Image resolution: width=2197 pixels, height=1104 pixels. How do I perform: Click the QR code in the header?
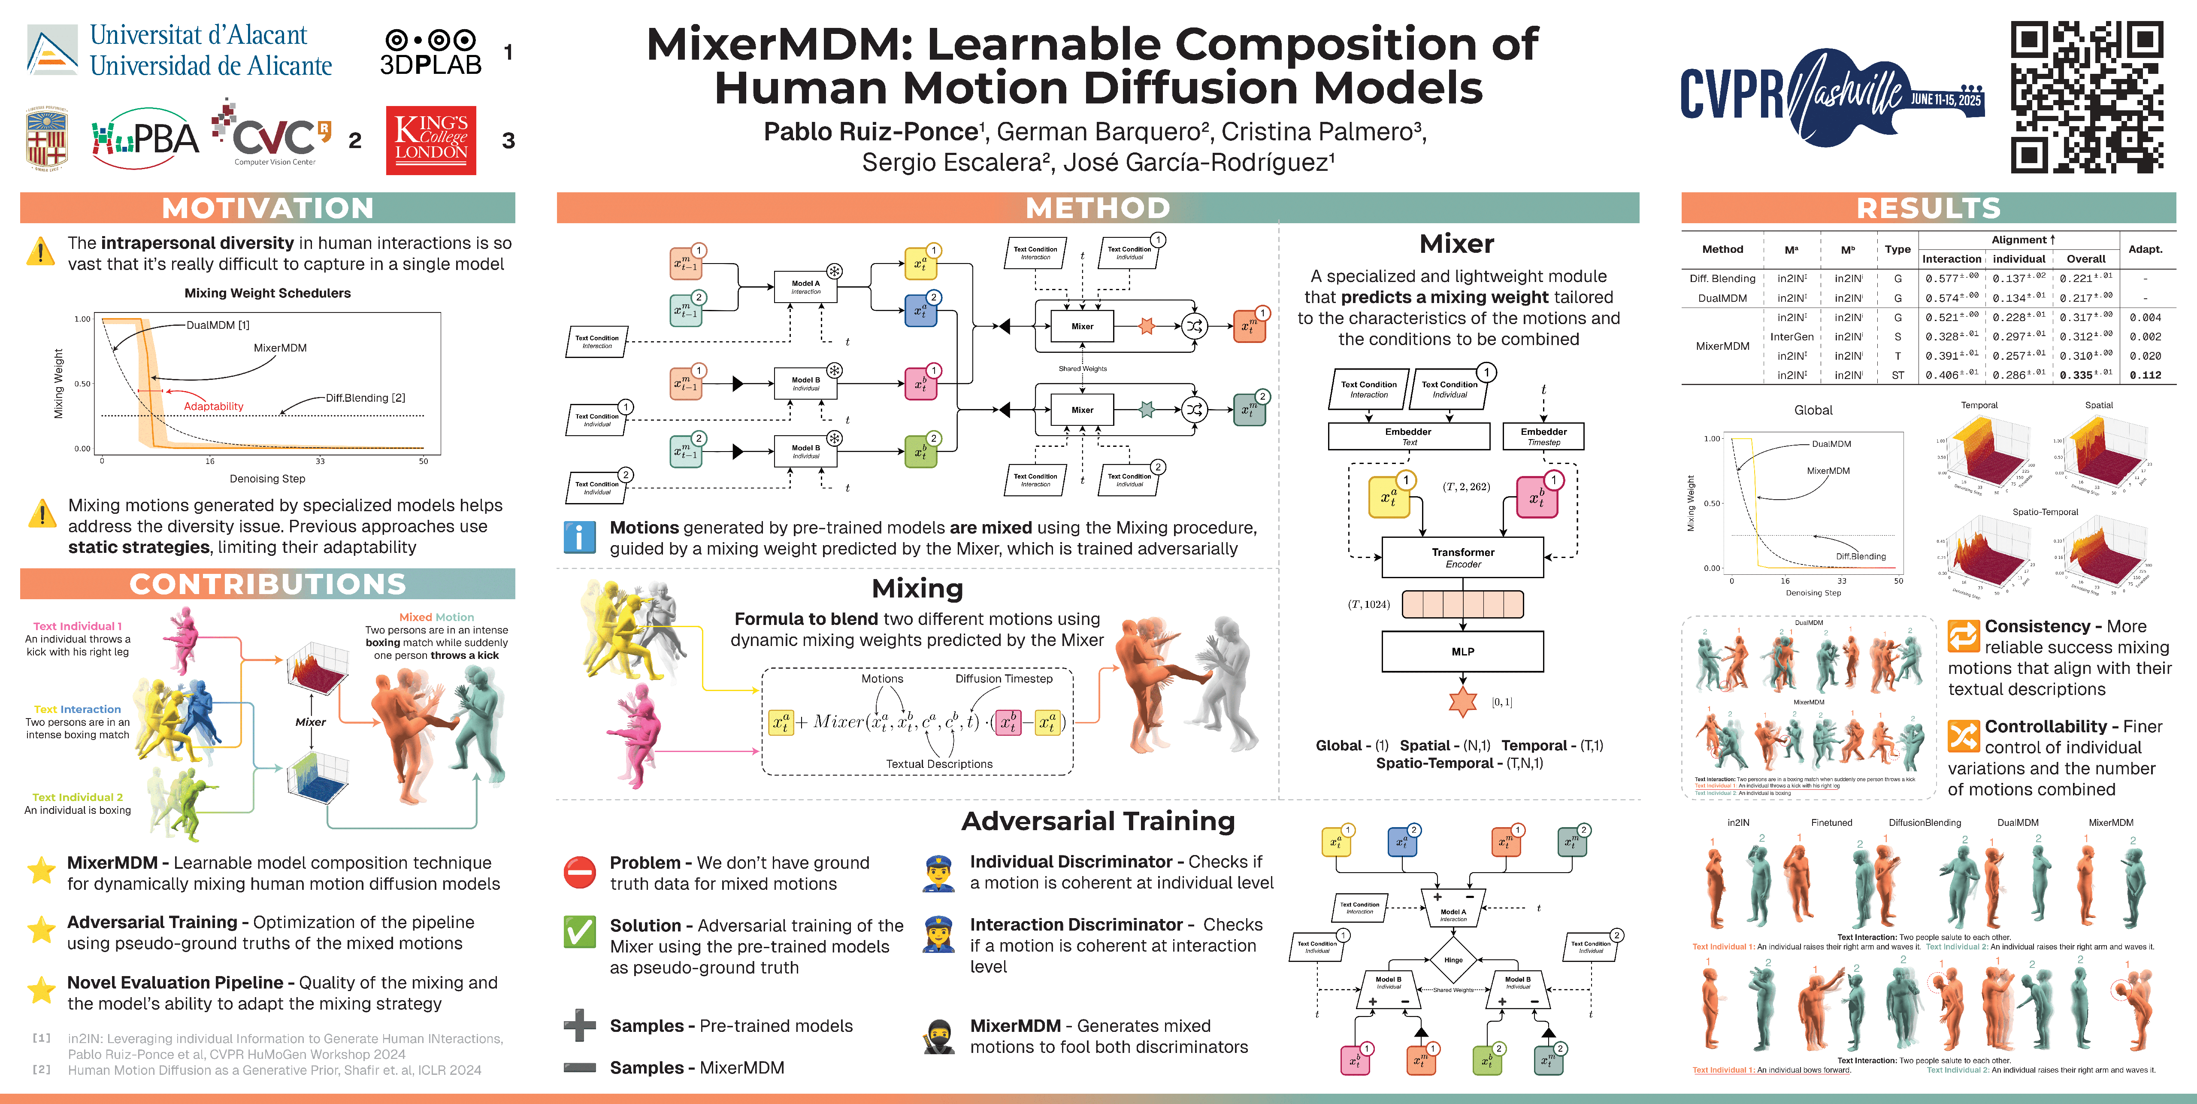2087,97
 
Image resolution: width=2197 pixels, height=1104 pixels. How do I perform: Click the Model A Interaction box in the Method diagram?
805,287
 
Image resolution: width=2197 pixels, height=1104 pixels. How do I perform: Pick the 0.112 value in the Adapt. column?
2145,376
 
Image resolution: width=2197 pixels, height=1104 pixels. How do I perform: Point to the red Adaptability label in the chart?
213,406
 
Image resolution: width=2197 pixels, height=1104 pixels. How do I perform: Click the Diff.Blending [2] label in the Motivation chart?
365,397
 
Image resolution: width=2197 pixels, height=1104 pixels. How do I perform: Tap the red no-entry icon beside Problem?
580,872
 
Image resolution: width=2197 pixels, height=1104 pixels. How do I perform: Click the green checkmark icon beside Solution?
580,931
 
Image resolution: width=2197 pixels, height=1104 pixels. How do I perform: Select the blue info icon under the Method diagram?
580,537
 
